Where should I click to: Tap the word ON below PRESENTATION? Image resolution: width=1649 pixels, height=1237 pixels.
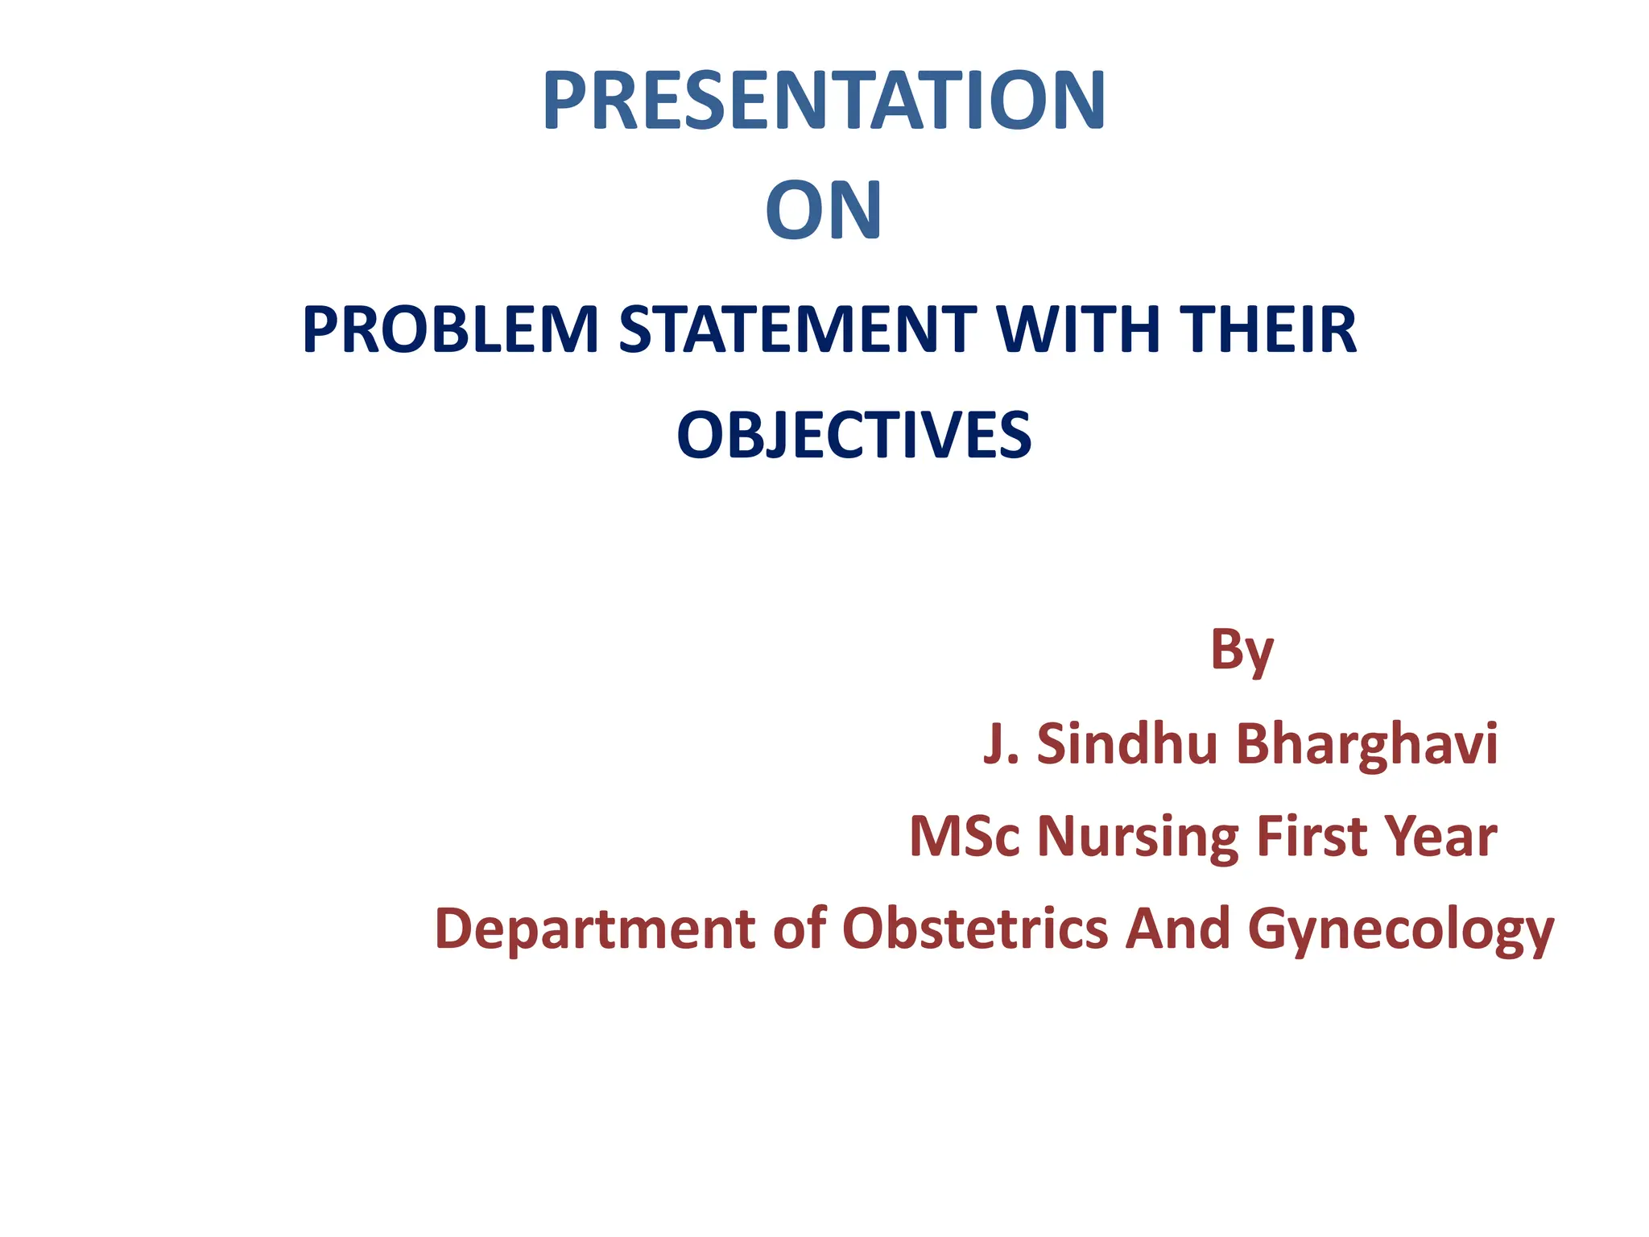[824, 211]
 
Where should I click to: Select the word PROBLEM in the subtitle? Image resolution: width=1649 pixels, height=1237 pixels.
[450, 329]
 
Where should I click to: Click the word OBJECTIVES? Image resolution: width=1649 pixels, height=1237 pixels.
[853, 435]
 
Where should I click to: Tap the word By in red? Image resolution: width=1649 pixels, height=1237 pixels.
[1241, 651]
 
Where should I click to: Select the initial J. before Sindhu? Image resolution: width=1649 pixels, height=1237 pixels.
[1001, 743]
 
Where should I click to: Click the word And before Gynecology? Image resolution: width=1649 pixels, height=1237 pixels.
[1177, 928]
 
